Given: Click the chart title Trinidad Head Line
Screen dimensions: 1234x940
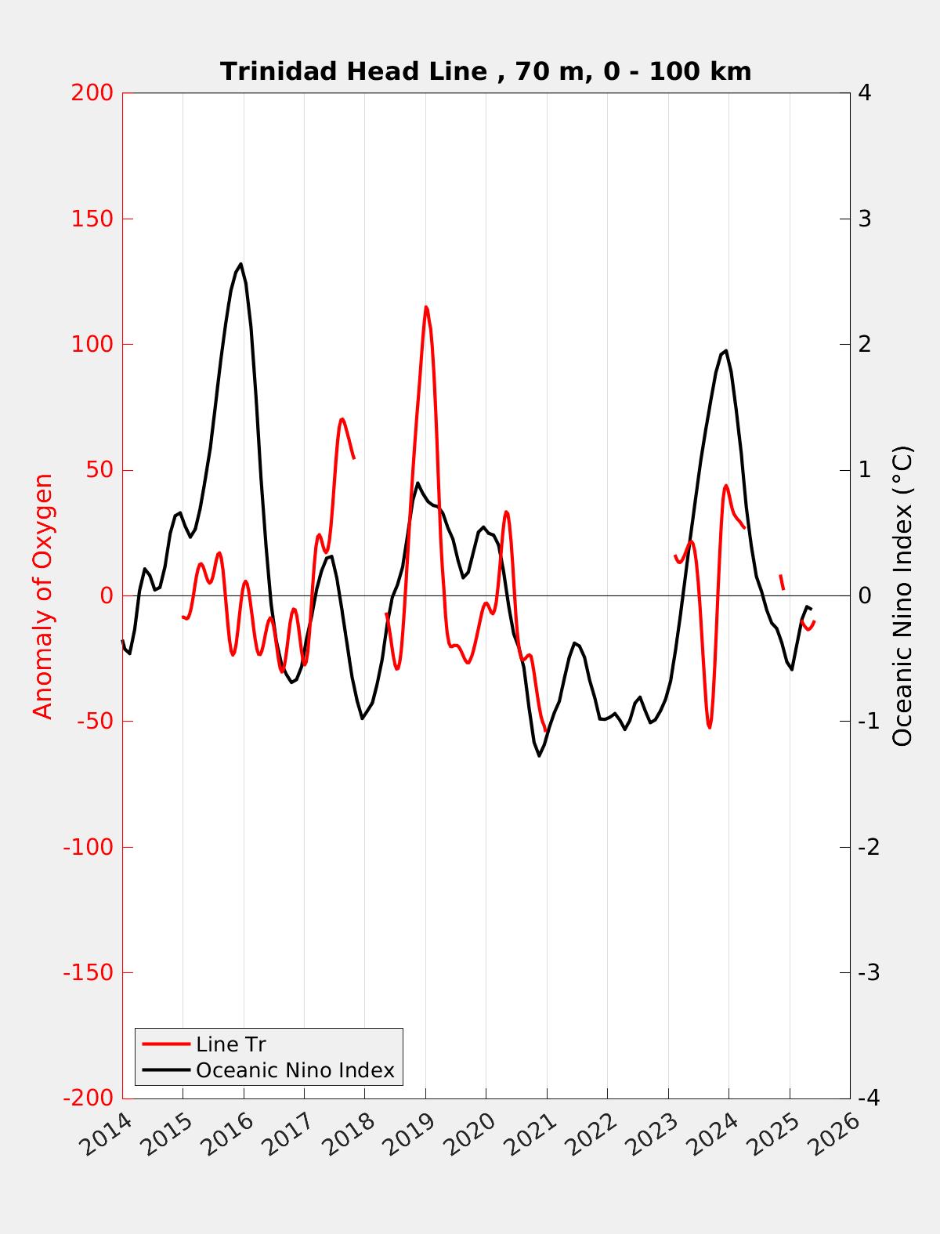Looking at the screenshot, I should point(486,71).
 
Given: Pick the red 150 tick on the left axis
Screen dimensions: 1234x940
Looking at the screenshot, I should point(92,219).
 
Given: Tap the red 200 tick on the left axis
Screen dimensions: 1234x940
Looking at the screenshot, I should point(92,92).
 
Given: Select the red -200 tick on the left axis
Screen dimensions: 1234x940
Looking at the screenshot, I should point(89,1098).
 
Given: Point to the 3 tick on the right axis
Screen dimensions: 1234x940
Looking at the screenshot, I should point(865,219).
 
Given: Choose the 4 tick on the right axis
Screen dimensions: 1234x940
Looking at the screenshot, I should point(865,92).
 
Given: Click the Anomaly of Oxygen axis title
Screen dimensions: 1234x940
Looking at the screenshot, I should point(43,595).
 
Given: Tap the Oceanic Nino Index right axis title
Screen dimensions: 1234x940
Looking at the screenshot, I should point(902,595).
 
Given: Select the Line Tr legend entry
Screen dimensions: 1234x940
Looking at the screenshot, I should point(231,1044).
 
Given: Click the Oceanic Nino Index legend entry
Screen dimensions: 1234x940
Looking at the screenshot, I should point(295,1070).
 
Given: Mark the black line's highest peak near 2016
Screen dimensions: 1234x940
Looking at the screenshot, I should point(240,264).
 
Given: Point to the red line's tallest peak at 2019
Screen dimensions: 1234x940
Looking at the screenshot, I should point(425,307).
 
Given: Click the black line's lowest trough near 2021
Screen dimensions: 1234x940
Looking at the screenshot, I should point(539,755).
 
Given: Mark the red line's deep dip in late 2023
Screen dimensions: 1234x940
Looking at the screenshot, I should point(709,727).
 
